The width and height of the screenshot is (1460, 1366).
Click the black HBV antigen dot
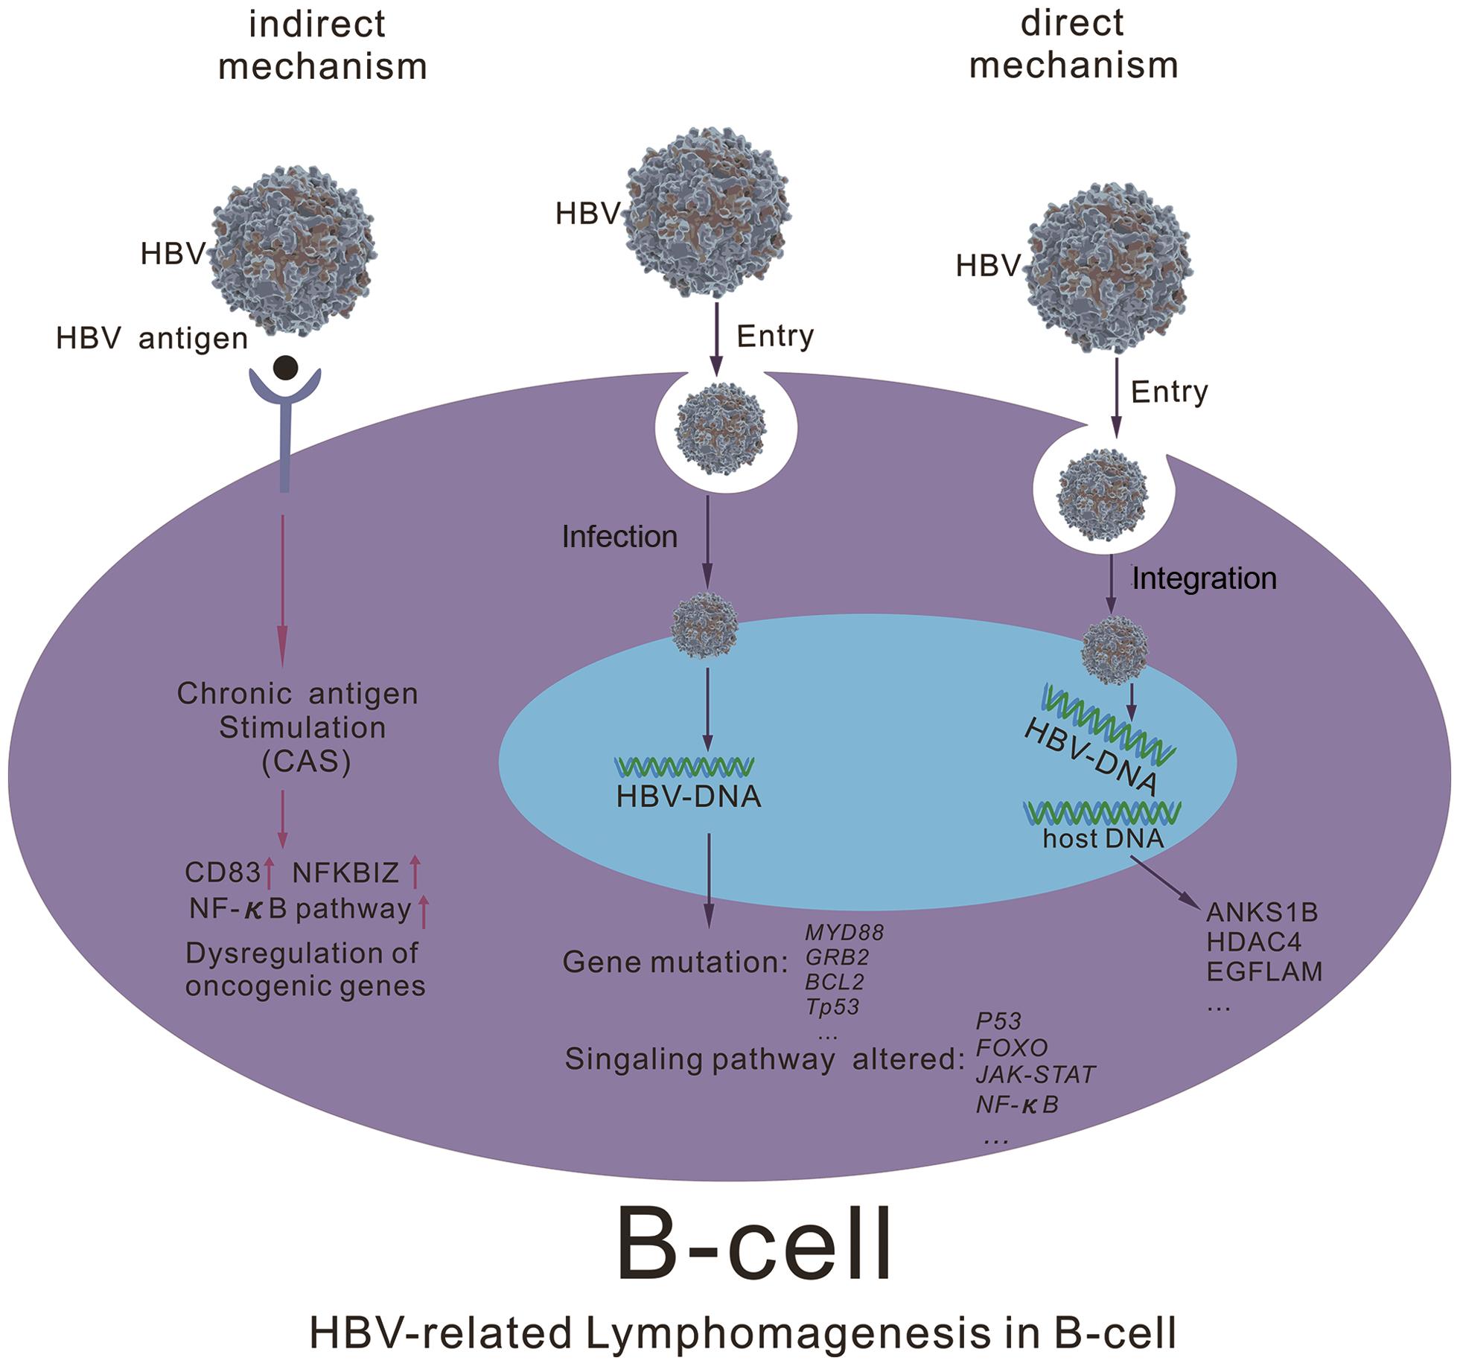286,368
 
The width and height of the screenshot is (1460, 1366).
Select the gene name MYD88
844,932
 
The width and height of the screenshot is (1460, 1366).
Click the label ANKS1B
1262,912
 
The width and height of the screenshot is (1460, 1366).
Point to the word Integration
1204,578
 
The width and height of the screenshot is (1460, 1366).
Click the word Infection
619,537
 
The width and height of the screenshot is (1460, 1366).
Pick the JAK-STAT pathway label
1035,1074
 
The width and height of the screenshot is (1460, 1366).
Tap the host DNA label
1103,839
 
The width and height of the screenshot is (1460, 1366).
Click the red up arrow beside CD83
270,873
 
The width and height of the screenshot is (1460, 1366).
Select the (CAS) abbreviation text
306,762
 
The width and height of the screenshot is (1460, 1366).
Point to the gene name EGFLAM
1264,971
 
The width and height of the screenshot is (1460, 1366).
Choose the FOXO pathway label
1012,1047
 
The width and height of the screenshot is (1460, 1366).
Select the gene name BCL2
835,982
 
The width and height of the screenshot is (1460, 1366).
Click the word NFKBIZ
345,872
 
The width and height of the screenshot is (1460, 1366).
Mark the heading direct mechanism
1073,44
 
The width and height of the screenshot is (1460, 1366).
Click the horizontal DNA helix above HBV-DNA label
684,767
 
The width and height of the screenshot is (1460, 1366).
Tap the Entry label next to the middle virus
775,336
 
